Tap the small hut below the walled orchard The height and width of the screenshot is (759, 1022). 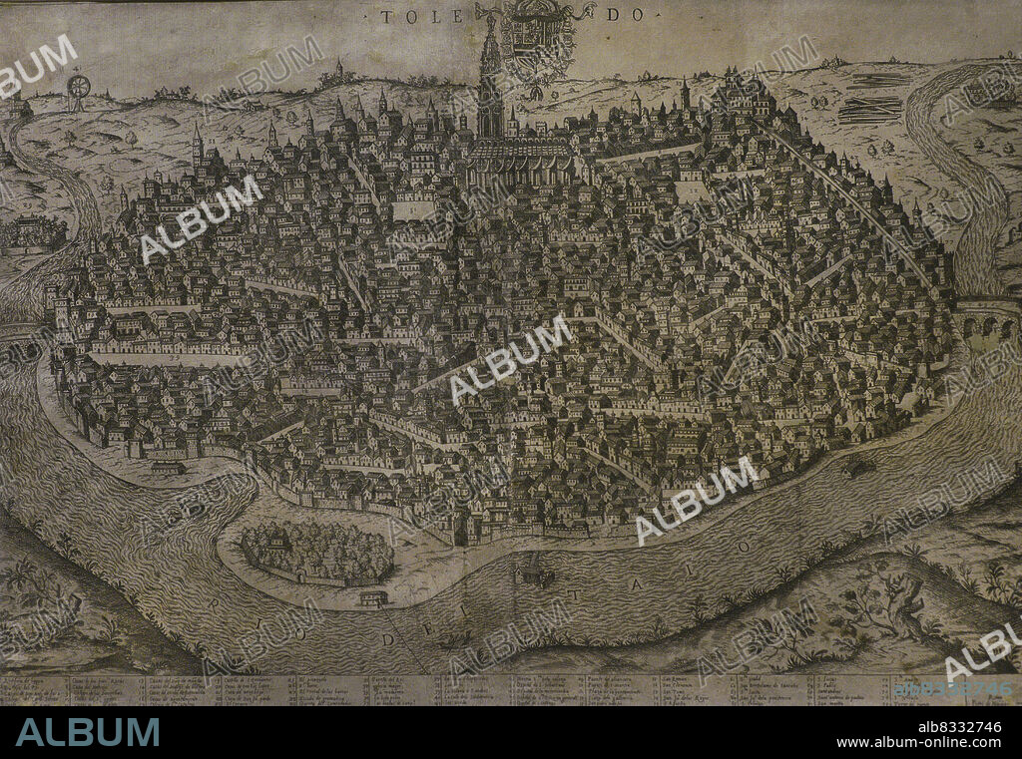[373, 597]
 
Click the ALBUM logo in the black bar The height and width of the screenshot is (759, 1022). [88, 732]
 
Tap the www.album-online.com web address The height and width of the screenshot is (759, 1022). [918, 742]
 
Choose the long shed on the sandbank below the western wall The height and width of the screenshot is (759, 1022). [167, 466]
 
